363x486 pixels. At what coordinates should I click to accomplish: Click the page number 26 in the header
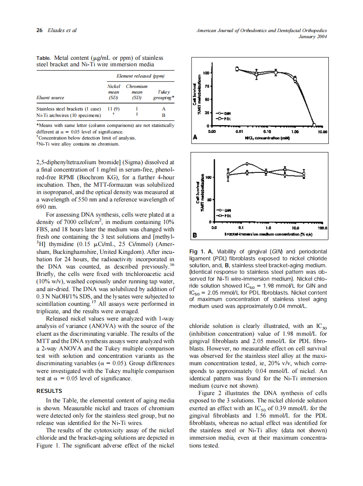(x=39, y=30)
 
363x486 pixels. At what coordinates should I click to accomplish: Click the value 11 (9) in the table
(x=114, y=109)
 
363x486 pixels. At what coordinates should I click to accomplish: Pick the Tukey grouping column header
(x=164, y=95)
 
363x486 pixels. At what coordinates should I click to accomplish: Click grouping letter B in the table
(x=164, y=116)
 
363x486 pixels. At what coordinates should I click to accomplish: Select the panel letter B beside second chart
(x=195, y=236)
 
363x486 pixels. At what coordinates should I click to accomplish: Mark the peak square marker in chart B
(x=247, y=164)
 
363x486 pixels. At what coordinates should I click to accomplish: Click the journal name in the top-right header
(x=262, y=30)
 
